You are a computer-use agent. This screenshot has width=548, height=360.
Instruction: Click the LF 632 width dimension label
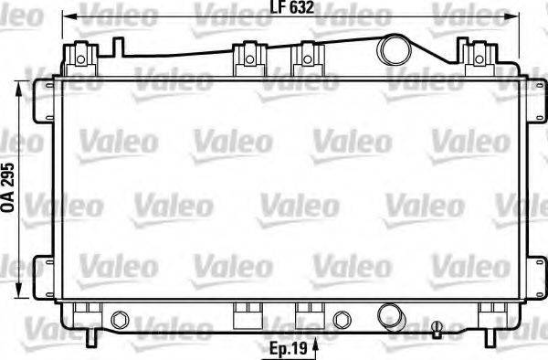[x=286, y=11]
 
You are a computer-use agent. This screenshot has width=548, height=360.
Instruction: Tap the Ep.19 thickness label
[x=286, y=347]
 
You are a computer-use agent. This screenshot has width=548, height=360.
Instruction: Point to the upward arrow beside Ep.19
[x=316, y=345]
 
